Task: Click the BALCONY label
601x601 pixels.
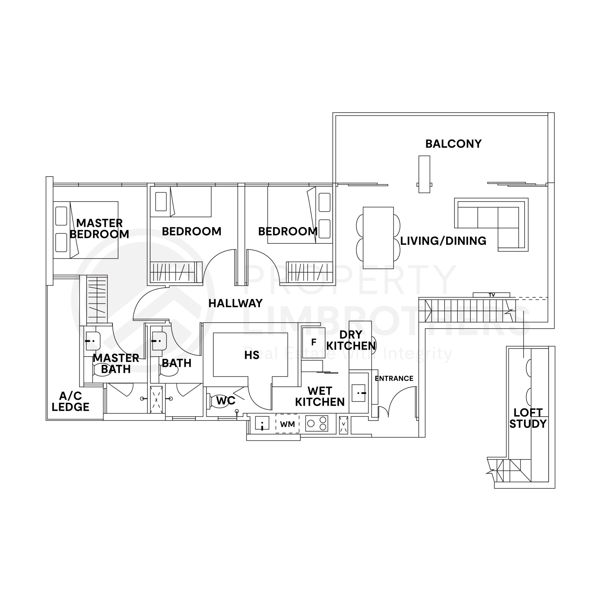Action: (453, 144)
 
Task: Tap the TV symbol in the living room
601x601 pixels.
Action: (492, 295)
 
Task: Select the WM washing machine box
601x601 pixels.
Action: (287, 424)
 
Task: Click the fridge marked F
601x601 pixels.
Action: (314, 343)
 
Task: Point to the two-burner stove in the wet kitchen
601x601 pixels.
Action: (317, 423)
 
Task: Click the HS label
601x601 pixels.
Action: (252, 355)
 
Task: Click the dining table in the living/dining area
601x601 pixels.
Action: (378, 238)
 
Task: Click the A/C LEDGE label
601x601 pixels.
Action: (71, 402)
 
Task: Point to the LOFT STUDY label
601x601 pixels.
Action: (528, 418)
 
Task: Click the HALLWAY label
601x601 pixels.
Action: (235, 303)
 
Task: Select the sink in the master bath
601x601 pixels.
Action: (92, 341)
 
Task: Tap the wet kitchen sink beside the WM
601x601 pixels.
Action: (262, 423)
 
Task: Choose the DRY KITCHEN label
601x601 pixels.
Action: (351, 340)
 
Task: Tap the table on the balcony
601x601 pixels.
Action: (424, 174)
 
